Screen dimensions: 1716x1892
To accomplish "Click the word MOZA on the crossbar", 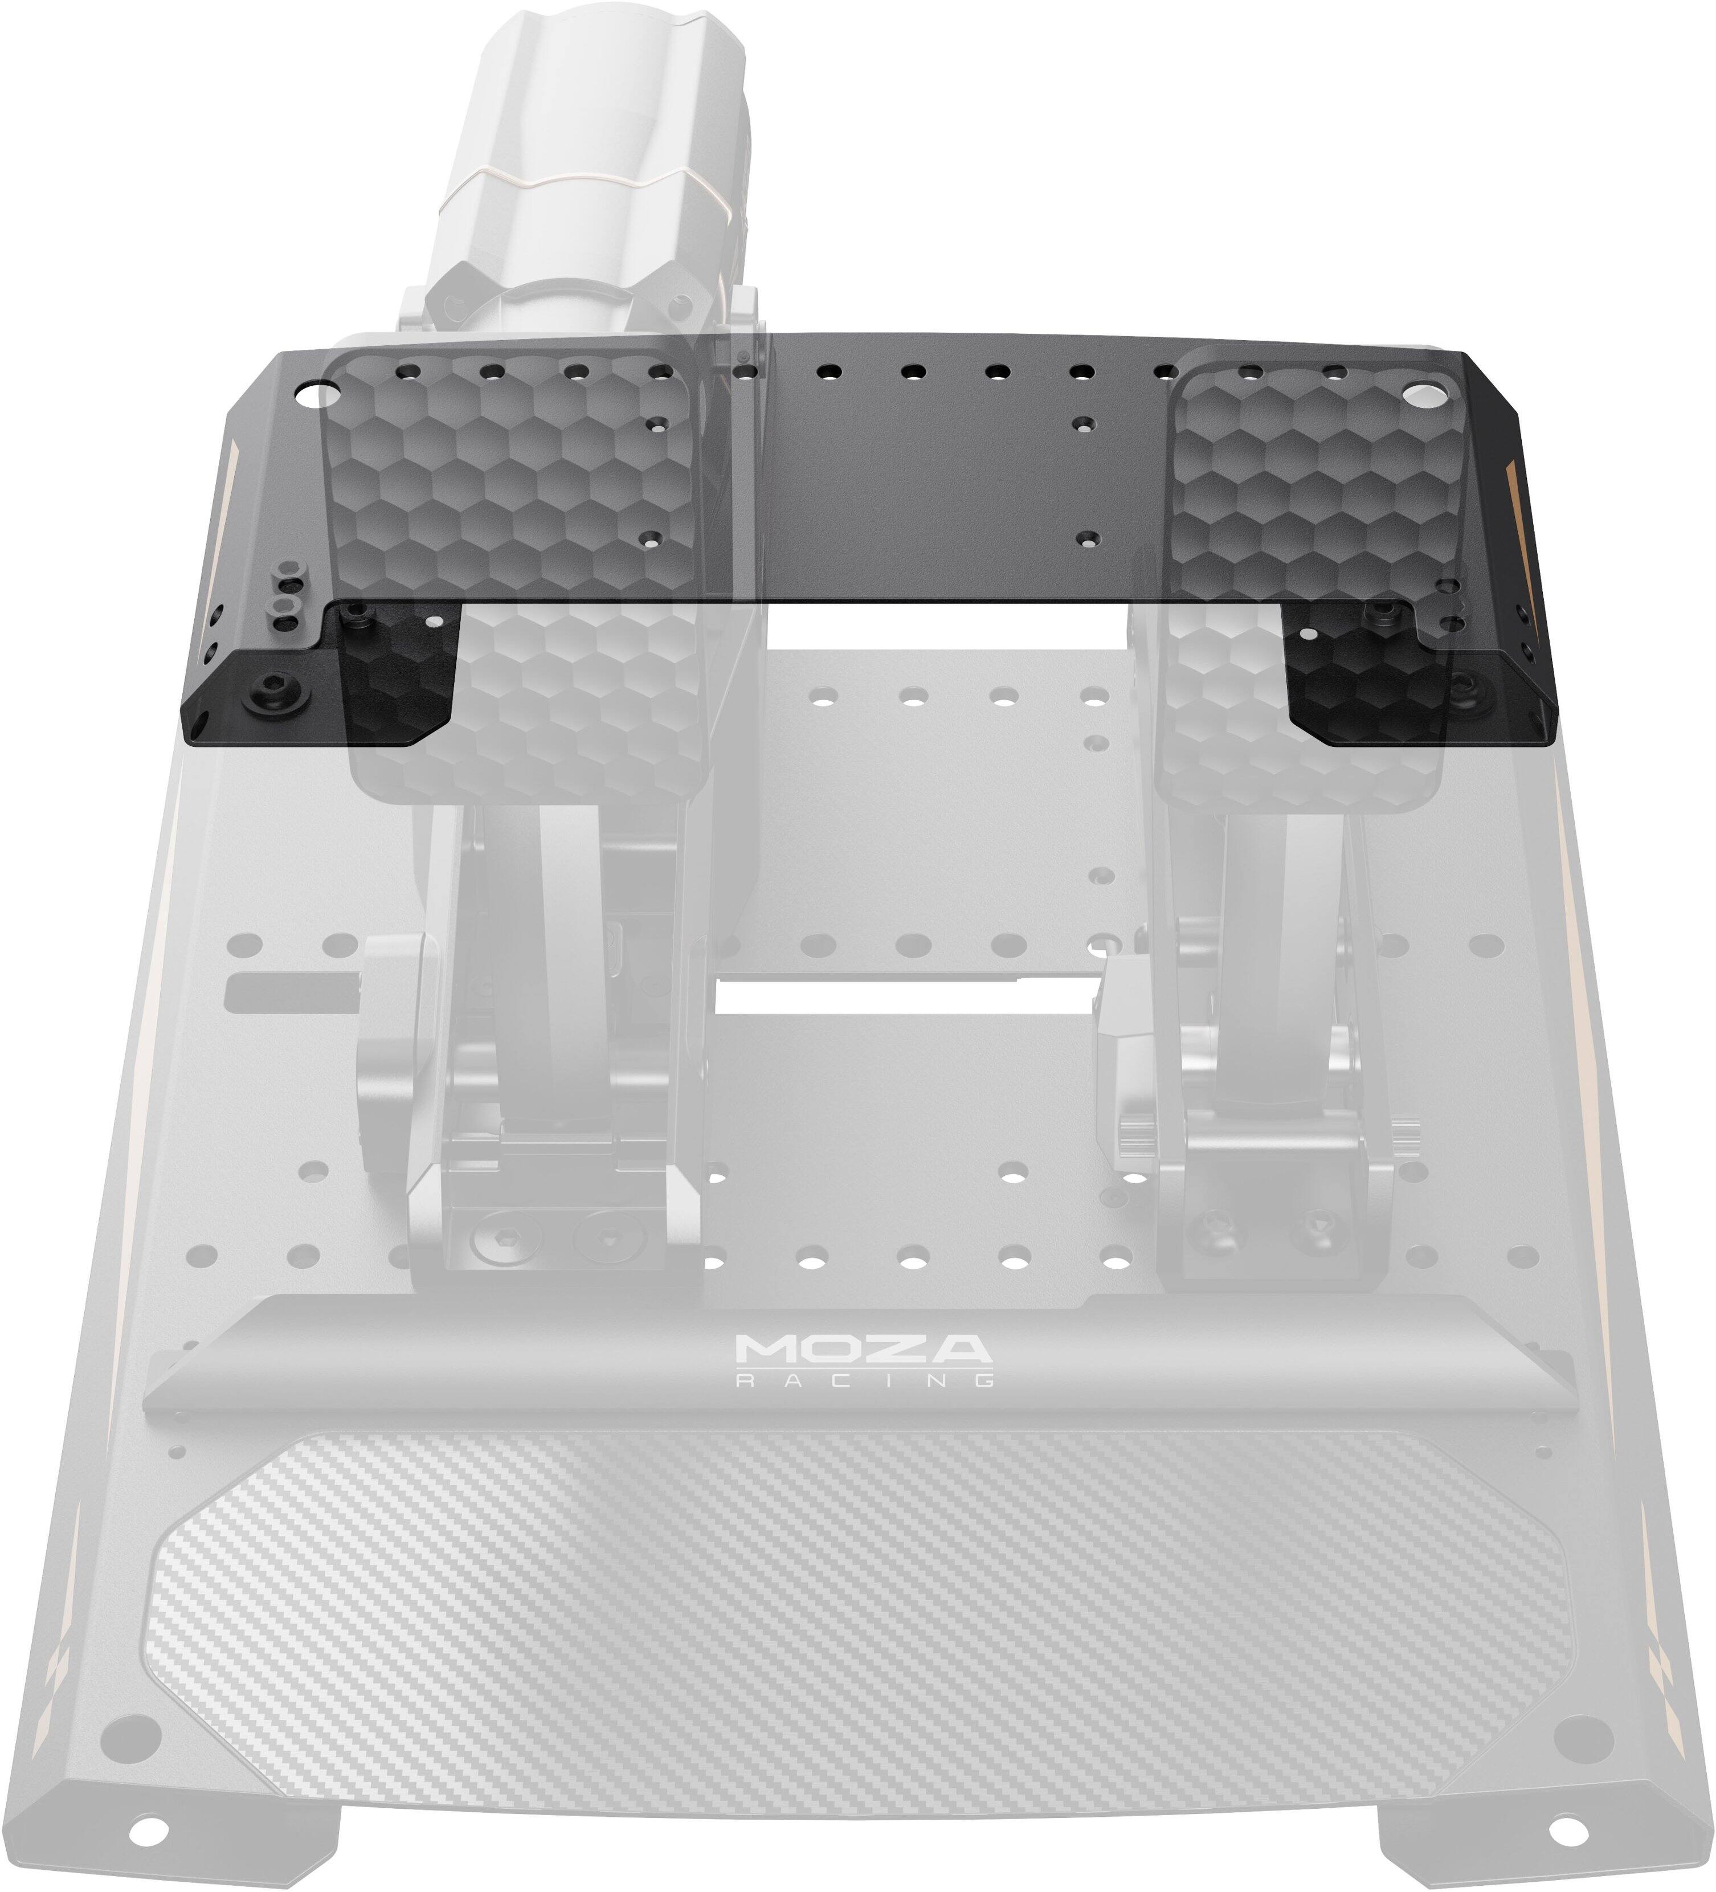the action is pos(863,1348).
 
